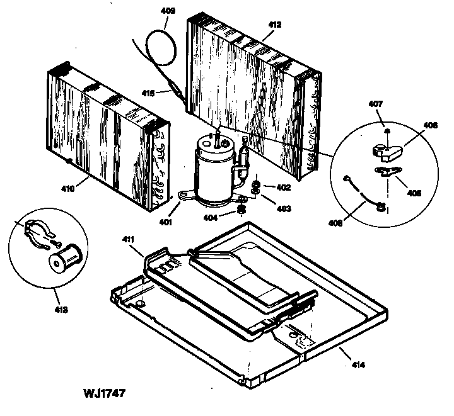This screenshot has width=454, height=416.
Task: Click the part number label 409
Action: click(x=168, y=11)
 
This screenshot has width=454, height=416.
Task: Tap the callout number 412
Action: click(x=274, y=25)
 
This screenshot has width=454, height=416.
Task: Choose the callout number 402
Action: click(x=282, y=186)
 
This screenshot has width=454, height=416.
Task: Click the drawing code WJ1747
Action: click(x=103, y=394)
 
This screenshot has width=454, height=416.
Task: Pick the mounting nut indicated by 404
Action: click(x=241, y=209)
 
